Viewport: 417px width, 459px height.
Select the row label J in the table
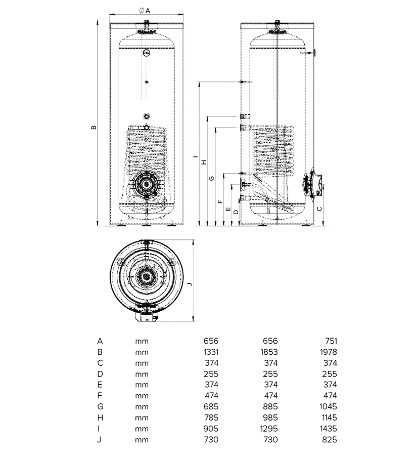point(100,440)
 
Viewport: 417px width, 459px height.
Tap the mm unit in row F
point(142,396)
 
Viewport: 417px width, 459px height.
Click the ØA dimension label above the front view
point(145,10)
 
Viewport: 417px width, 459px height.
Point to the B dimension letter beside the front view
point(94,127)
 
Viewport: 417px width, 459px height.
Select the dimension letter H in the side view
point(203,162)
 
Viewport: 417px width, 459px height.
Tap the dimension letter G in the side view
point(212,178)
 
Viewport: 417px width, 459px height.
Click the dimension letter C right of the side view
point(319,208)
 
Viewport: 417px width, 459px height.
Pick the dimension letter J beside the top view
point(189,284)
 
